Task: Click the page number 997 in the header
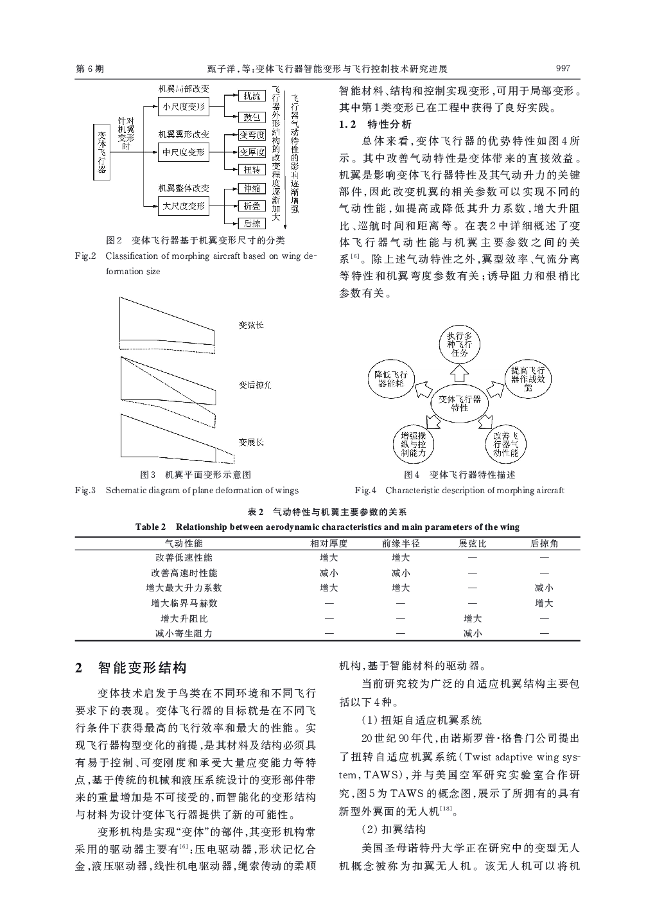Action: [563, 69]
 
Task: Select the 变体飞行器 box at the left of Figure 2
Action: [101, 152]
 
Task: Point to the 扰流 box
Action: [251, 96]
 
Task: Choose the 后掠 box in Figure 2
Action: [251, 223]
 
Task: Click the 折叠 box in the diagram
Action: [251, 206]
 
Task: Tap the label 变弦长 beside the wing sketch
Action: [251, 326]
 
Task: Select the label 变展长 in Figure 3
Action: [251, 442]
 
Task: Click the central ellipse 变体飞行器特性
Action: [459, 403]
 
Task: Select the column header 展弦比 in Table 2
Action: [473, 543]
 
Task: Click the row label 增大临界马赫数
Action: [184, 603]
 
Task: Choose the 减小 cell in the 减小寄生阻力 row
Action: [473, 633]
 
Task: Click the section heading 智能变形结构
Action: [142, 668]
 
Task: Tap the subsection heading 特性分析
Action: [389, 124]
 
